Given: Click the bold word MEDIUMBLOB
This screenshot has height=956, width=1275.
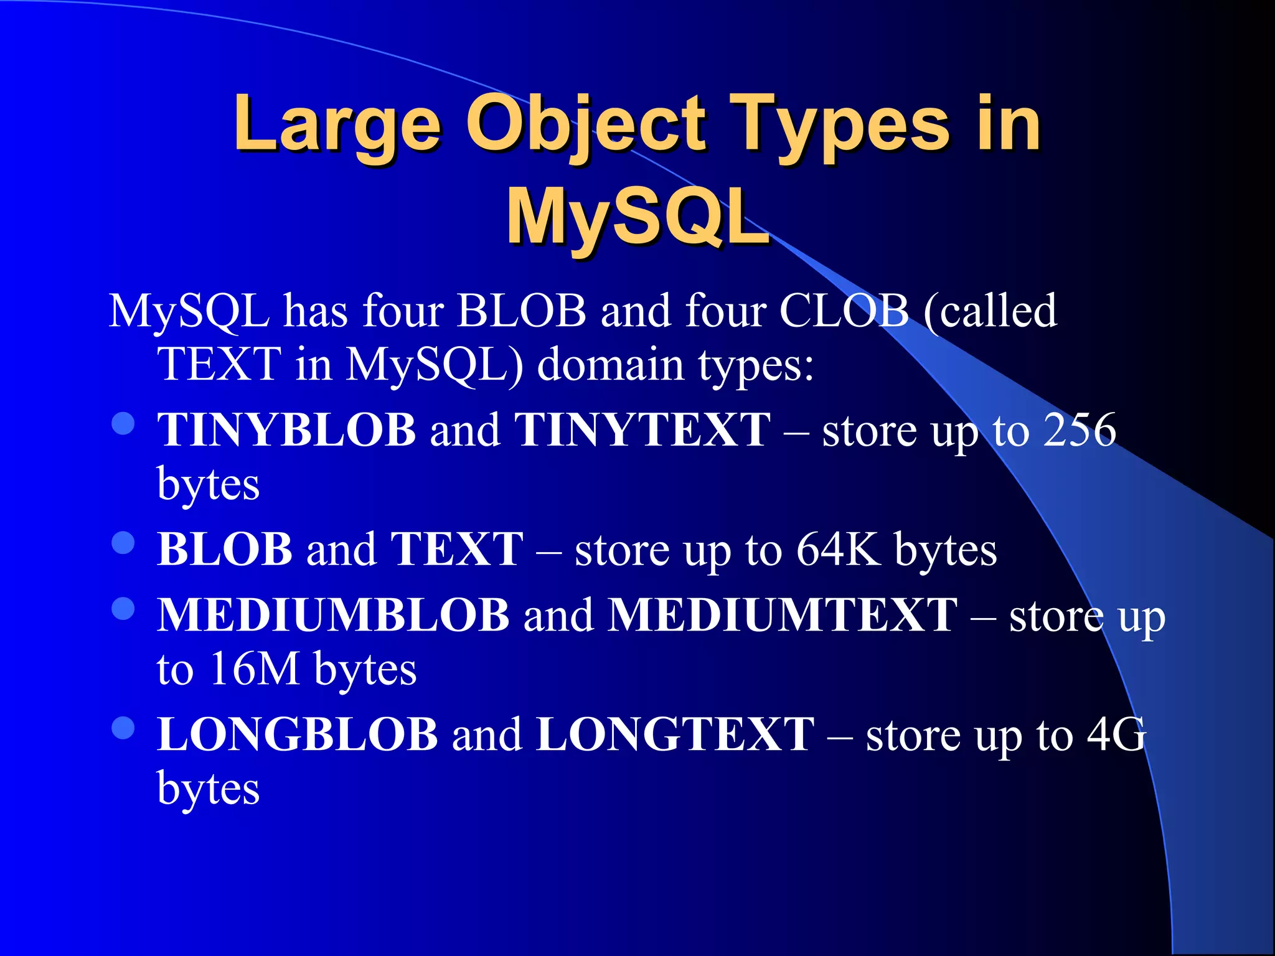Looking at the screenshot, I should tap(333, 615).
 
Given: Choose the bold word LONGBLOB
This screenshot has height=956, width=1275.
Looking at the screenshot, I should tap(298, 734).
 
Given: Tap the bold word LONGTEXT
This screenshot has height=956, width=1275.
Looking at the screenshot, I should tap(675, 734).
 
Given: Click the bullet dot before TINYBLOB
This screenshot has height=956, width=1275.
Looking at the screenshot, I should tap(123, 424).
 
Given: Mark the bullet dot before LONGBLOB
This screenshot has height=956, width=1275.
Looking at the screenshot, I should tap(123, 728).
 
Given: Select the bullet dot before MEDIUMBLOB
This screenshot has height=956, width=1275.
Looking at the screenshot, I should tap(123, 609).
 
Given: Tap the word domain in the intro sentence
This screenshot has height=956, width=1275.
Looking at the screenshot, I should tap(610, 364).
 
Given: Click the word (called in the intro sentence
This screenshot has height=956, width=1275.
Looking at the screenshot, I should tap(990, 310).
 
